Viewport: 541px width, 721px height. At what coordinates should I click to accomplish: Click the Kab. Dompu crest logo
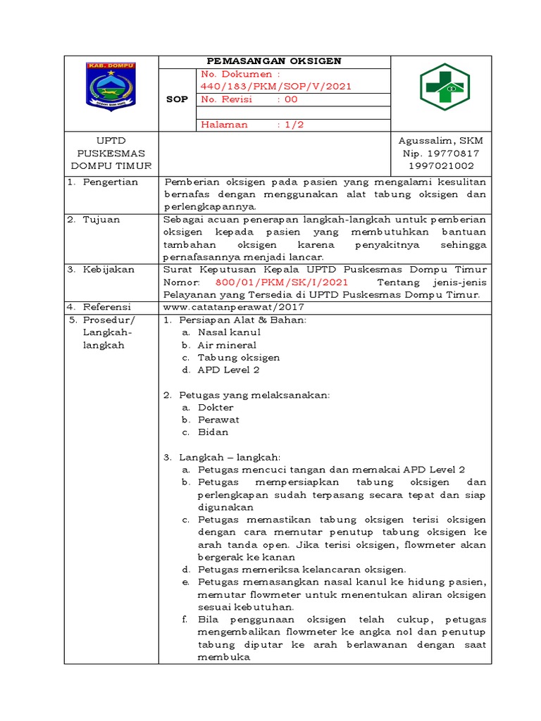[x=111, y=86]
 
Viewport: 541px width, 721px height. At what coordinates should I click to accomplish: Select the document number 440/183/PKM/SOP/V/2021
[x=275, y=87]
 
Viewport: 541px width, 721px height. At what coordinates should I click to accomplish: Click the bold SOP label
[x=177, y=99]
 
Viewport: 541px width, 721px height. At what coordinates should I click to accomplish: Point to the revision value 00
[x=291, y=99]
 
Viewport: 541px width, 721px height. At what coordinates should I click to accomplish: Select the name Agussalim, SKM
[x=440, y=141]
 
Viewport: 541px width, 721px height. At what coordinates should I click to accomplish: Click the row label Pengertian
[x=111, y=182]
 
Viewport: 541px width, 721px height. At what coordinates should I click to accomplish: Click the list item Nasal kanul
[x=229, y=332]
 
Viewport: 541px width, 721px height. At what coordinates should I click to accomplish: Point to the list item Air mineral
[x=227, y=345]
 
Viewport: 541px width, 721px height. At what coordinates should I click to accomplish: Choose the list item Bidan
[x=213, y=432]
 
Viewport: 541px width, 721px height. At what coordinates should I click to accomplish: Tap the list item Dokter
[x=216, y=408]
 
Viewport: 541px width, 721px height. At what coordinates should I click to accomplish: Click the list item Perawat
[x=218, y=420]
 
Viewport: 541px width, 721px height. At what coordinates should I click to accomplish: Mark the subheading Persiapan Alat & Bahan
[x=244, y=320]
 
